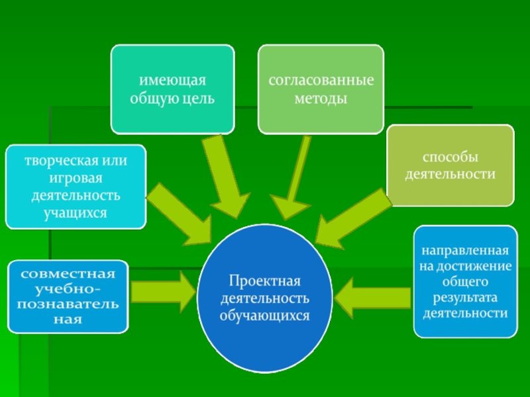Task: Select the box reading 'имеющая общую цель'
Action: coord(172,89)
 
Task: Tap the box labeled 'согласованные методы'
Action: coord(321,89)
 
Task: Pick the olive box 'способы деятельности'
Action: coord(450,165)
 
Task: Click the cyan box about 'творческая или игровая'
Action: coord(76,187)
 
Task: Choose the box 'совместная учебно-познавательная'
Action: coord(69,296)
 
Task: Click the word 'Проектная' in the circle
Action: coord(265,281)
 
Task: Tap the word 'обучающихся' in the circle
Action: coord(265,316)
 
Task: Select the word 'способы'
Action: coord(450,158)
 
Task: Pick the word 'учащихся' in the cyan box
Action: coord(76,212)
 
